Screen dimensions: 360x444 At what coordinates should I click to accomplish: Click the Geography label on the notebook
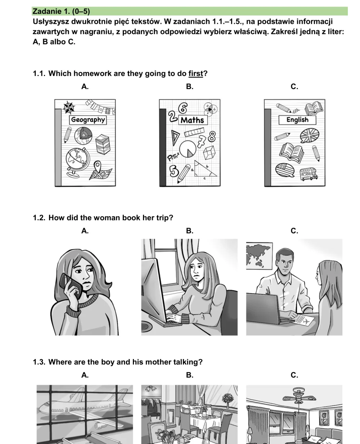pyautogui.click(x=88, y=120)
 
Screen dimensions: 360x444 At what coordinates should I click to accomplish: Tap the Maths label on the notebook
pyautogui.click(x=193, y=120)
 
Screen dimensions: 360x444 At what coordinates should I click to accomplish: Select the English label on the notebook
pyautogui.click(x=297, y=120)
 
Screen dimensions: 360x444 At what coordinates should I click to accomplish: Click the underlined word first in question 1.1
pyautogui.click(x=195, y=74)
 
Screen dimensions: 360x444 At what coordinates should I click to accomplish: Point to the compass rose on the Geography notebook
pyautogui.click(x=69, y=107)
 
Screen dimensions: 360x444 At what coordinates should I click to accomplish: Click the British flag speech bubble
pyautogui.click(x=309, y=136)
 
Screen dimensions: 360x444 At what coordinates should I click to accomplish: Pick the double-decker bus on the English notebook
pyautogui.click(x=309, y=174)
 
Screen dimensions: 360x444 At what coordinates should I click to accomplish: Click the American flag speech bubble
pyautogui.click(x=285, y=170)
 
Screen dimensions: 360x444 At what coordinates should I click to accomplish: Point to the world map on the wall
pyautogui.click(x=259, y=256)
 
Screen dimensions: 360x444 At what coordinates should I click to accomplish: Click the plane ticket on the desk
pyautogui.click(x=305, y=320)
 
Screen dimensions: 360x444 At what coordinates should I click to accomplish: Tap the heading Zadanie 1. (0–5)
pyautogui.click(x=61, y=11)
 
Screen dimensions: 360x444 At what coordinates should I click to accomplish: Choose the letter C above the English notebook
pyautogui.click(x=294, y=86)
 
